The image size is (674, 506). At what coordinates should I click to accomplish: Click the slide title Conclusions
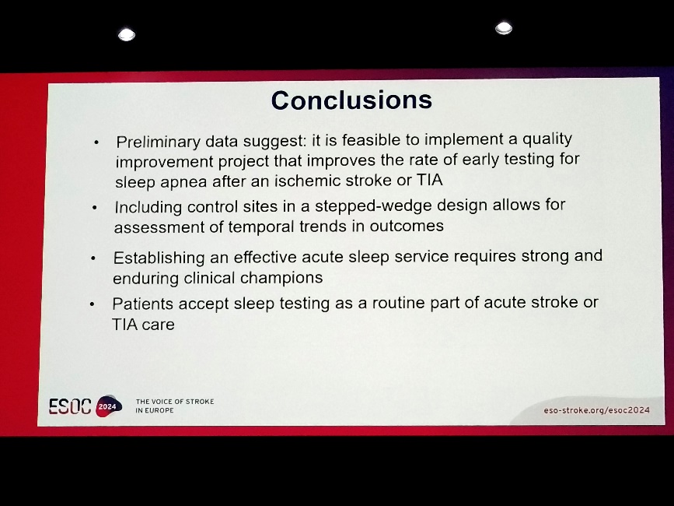pyautogui.click(x=351, y=100)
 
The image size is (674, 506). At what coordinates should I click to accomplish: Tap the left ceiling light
pyautogui.click(x=127, y=35)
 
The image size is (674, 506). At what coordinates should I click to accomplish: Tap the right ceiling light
pyautogui.click(x=504, y=28)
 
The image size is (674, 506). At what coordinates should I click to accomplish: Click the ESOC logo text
pyautogui.click(x=70, y=406)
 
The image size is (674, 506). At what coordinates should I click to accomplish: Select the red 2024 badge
pyautogui.click(x=108, y=406)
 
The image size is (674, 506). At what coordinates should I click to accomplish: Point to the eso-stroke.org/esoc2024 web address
pyautogui.click(x=596, y=410)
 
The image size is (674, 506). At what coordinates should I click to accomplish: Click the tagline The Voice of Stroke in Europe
pyautogui.click(x=174, y=406)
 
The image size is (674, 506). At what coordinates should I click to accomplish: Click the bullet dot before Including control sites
pyautogui.click(x=95, y=209)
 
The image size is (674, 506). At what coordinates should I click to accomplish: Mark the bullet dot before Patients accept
pyautogui.click(x=92, y=304)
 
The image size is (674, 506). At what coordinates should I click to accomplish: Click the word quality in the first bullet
pyautogui.click(x=547, y=139)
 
